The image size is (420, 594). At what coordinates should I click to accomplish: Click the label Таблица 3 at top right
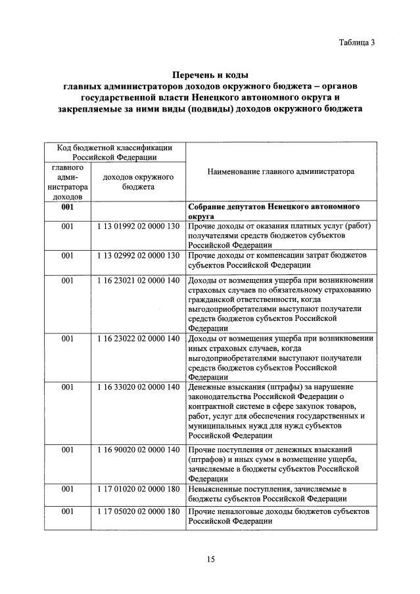[356, 43]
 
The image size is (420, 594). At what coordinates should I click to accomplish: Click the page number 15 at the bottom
[210, 559]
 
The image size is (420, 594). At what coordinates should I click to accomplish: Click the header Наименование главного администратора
[280, 171]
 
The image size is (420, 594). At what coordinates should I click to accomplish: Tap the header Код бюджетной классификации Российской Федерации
[114, 152]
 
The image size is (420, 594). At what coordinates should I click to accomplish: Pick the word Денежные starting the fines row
[206, 387]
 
